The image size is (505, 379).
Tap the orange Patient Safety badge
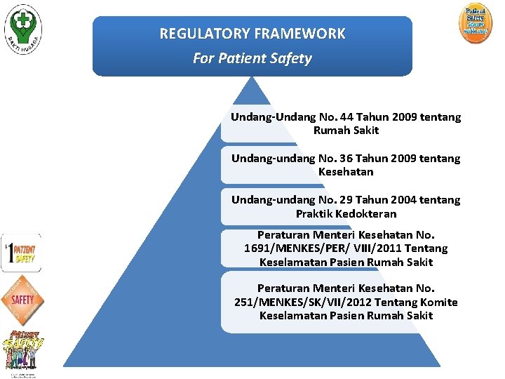coord(476,24)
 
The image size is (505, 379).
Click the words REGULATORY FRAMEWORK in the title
coord(252,34)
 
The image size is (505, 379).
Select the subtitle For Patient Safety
coord(252,58)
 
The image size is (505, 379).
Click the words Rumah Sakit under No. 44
coord(346,131)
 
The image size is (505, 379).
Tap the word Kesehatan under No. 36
coord(346,172)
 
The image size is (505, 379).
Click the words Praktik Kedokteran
coord(346,214)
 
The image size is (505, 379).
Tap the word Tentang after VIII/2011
coord(426,248)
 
